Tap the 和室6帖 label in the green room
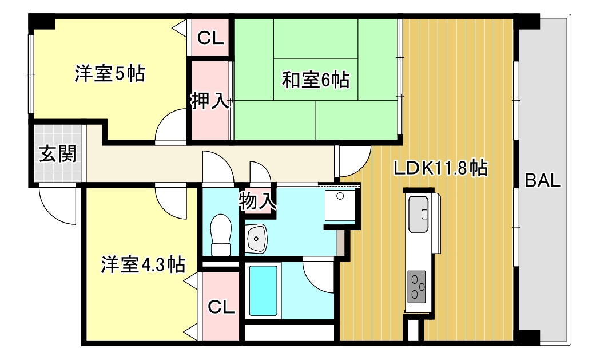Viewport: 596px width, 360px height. coord(315,80)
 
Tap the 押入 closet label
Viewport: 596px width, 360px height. coord(210,101)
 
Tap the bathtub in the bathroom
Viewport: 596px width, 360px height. coord(263,291)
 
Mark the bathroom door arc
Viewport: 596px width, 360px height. coord(318,276)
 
